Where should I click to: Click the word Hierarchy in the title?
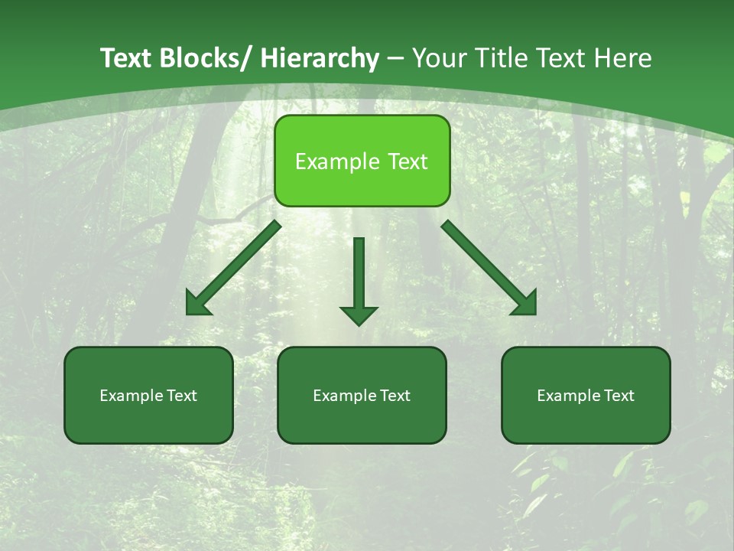tap(320, 58)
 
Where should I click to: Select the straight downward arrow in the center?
tap(359, 275)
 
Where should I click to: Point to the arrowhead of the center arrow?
tap(359, 314)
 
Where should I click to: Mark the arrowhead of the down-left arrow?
tap(198, 304)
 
